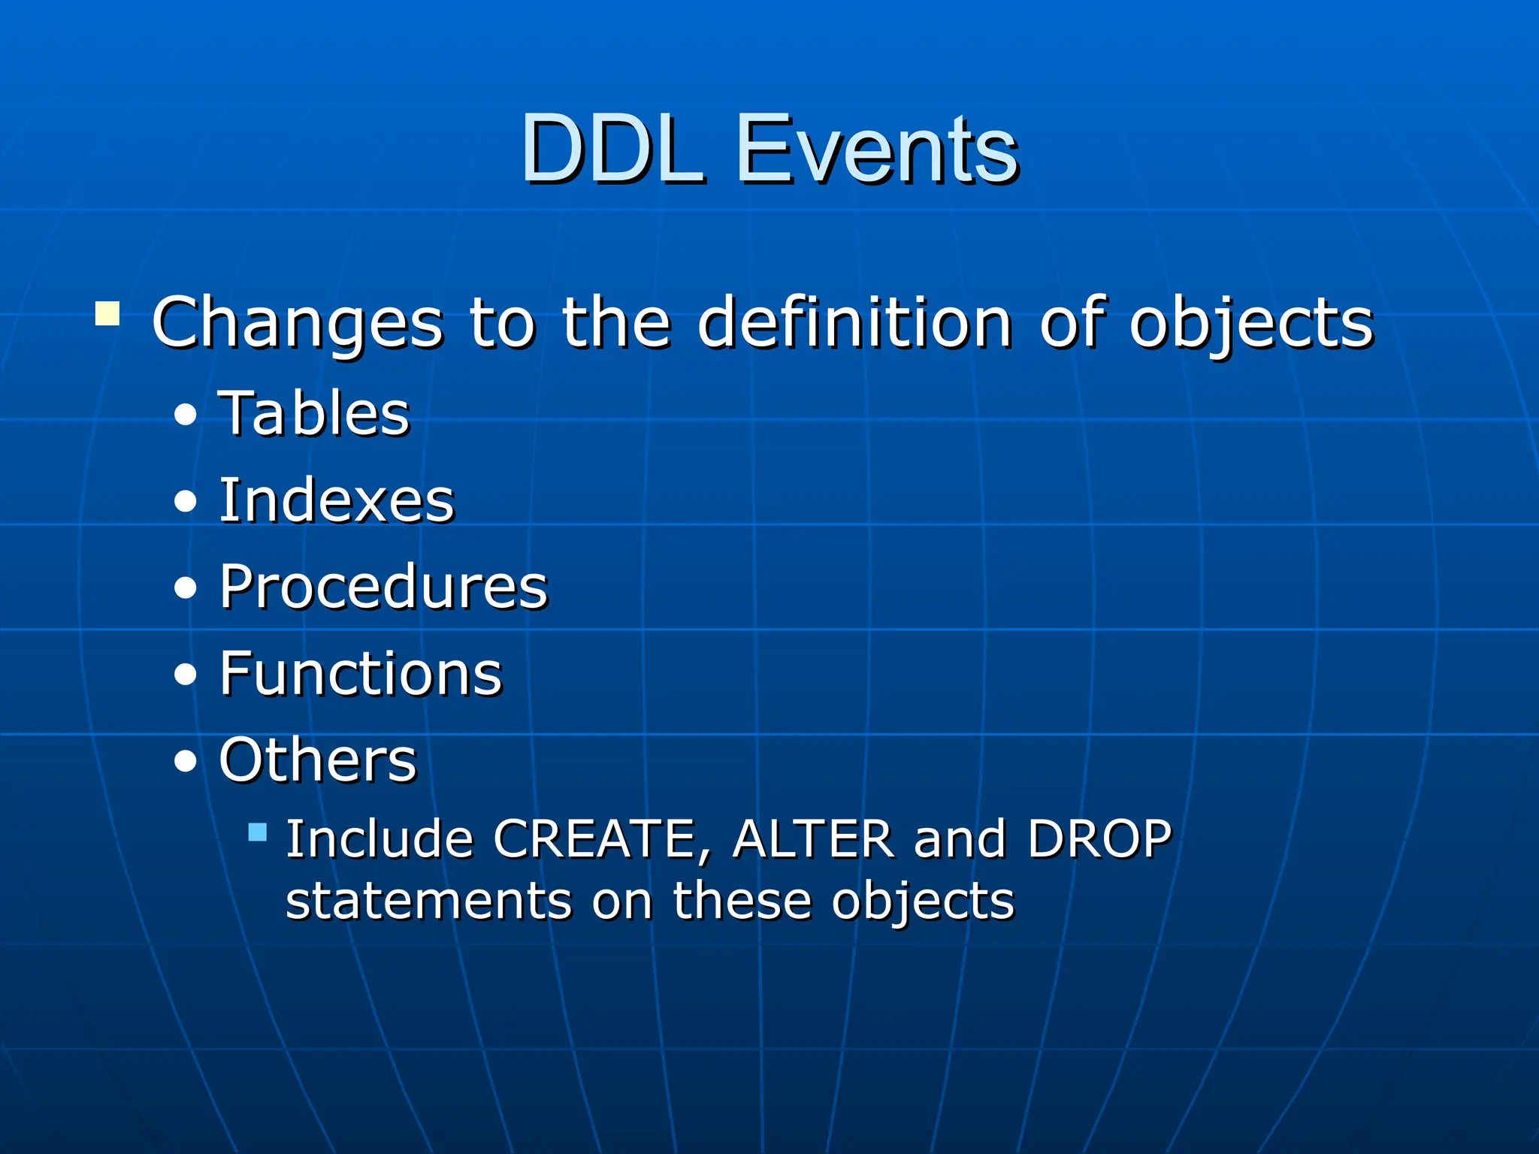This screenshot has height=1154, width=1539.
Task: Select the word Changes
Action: [298, 323]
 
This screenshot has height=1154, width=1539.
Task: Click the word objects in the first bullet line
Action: [1251, 323]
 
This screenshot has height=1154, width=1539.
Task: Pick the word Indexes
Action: [337, 500]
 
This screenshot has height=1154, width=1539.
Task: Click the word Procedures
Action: [383, 587]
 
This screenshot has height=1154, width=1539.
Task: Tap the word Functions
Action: [361, 673]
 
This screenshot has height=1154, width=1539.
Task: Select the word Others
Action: [317, 760]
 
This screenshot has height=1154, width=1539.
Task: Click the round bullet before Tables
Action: [185, 415]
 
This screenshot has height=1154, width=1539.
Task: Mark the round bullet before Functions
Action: [185, 675]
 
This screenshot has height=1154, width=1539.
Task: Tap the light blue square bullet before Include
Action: [258, 832]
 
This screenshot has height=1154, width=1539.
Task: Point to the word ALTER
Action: [813, 839]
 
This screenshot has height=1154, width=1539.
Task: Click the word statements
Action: [429, 901]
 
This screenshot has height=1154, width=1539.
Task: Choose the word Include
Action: [379, 839]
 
